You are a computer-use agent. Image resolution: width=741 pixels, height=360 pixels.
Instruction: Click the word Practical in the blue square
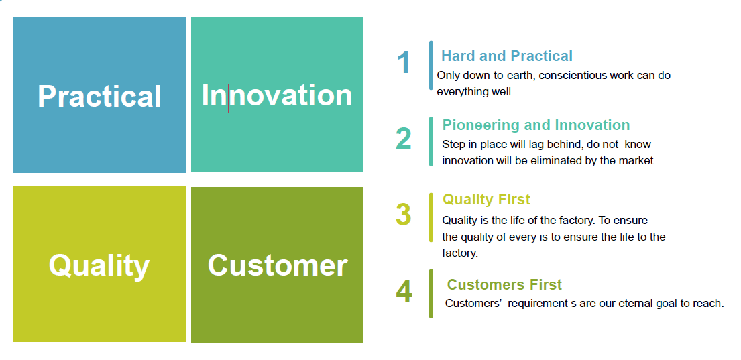(99, 96)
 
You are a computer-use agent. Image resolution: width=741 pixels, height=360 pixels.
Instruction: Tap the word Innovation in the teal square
(277, 95)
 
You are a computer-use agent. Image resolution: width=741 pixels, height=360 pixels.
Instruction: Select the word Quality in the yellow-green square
(99, 265)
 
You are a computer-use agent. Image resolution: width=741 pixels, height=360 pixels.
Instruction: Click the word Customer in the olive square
(278, 265)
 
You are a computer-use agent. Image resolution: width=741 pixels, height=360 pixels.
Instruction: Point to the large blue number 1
(404, 62)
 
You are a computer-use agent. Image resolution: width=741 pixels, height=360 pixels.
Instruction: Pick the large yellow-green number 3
(404, 215)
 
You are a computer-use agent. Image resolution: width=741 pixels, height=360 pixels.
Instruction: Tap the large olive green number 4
(404, 292)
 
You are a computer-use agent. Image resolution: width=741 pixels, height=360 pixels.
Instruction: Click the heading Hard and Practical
(506, 56)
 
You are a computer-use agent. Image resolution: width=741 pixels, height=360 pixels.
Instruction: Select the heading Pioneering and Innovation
(536, 125)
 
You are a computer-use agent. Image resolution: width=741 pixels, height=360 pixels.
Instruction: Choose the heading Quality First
(486, 199)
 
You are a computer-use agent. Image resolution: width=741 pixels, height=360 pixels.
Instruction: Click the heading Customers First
(504, 284)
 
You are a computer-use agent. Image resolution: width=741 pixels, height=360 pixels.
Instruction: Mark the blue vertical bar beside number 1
(431, 65)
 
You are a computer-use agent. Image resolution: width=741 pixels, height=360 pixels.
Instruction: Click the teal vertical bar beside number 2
(431, 141)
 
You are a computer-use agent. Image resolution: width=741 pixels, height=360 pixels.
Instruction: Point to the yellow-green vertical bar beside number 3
(431, 217)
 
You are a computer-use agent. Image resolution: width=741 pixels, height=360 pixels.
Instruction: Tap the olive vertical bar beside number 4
(431, 294)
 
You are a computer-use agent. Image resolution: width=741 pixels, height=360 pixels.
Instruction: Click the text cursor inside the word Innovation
(228, 98)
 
